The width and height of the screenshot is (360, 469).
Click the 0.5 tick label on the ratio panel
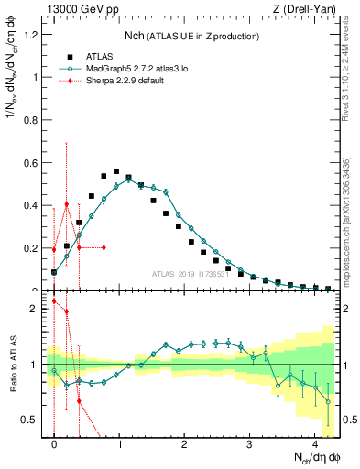[32, 420]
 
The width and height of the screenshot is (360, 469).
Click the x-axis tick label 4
[314, 445]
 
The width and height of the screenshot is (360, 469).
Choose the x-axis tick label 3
[249, 445]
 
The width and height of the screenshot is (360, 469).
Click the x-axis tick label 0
[54, 445]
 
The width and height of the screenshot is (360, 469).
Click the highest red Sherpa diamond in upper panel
[67, 204]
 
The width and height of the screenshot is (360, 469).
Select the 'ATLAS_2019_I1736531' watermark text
[189, 274]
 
